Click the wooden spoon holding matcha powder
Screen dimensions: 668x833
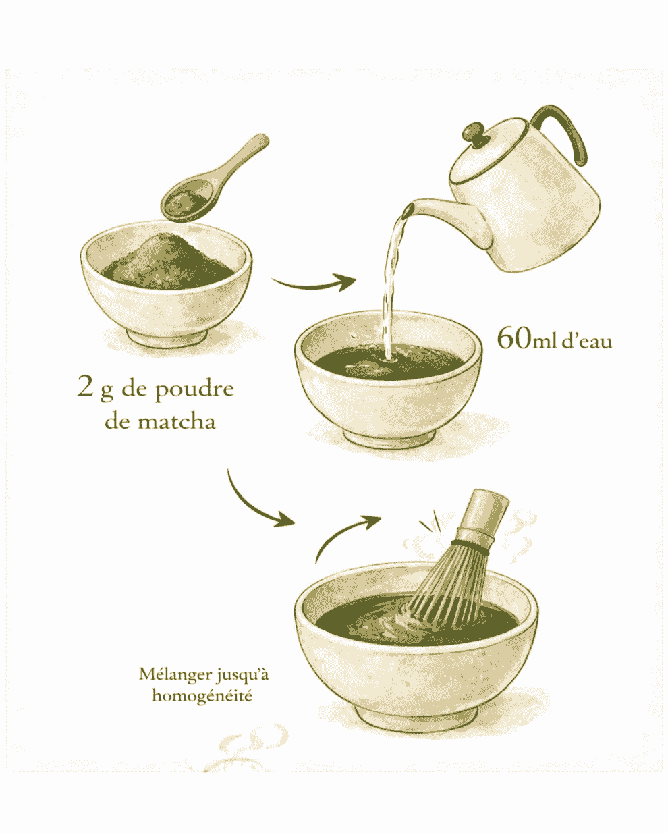click(x=209, y=182)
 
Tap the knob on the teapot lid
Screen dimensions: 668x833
click(x=474, y=134)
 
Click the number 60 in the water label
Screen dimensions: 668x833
click(x=513, y=338)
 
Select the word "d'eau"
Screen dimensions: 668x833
click(x=587, y=342)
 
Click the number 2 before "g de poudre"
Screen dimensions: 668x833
click(x=85, y=387)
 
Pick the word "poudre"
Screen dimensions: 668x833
click(x=194, y=390)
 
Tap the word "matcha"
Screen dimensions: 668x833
click(x=177, y=422)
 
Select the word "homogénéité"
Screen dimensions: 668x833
click(x=202, y=695)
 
